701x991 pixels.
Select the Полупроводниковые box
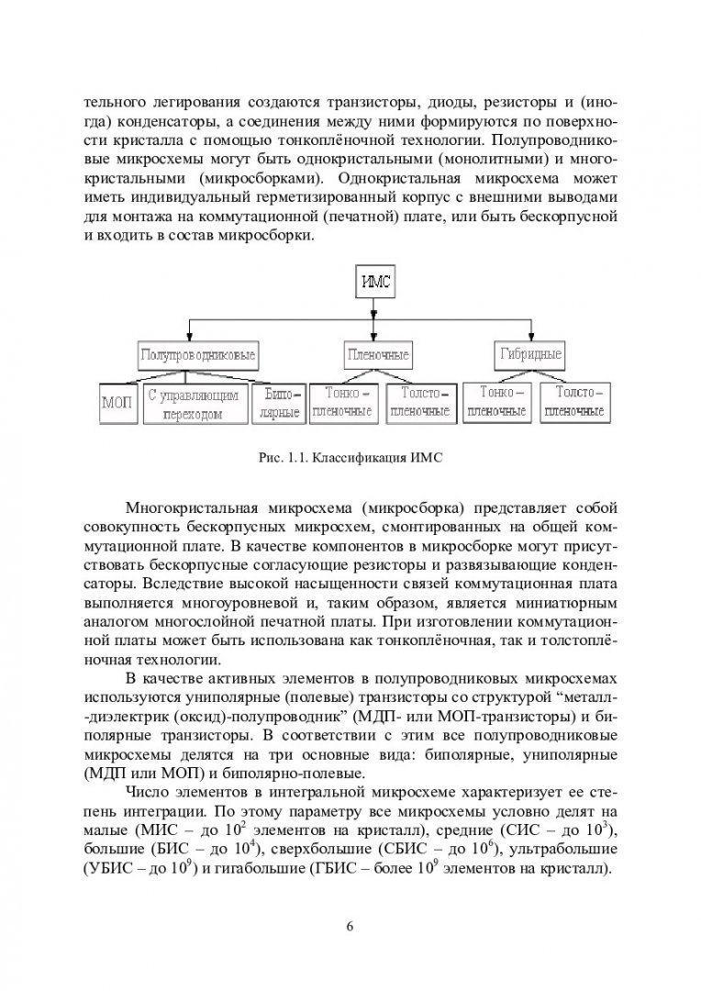196,353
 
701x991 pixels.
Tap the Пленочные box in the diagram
377,353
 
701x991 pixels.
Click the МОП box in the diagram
117,404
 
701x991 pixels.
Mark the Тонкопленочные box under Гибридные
496,402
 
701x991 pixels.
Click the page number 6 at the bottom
350,924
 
